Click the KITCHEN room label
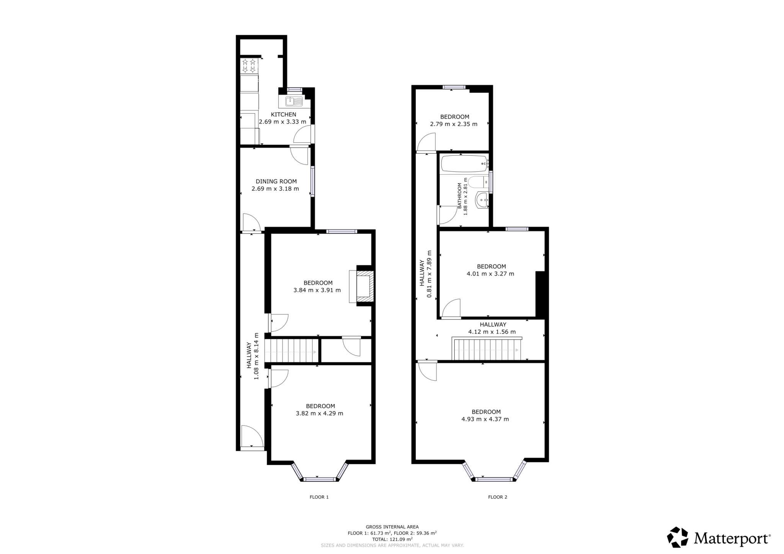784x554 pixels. coord(283,114)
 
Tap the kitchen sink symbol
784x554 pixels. coord(294,101)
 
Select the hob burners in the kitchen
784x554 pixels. coord(249,66)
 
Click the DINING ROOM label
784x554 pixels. coord(276,181)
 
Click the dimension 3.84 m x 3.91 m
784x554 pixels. coord(317,290)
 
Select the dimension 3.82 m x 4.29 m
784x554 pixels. coord(319,413)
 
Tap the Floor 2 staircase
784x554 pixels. coord(486,350)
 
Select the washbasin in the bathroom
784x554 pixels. coord(482,200)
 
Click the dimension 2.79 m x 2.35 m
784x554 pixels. coord(454,124)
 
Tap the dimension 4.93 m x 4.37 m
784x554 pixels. coord(485,419)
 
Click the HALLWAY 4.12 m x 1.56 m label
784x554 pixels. coord(492,328)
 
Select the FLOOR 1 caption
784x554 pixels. coord(319,497)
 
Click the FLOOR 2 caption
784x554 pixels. coord(497,497)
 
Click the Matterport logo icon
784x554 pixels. coord(678,537)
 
